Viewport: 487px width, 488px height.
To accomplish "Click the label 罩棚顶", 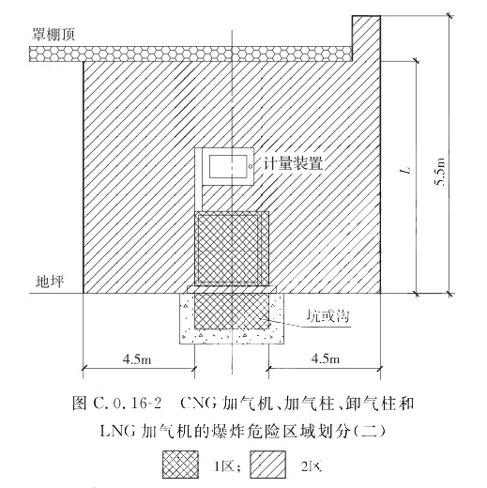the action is coord(53,34).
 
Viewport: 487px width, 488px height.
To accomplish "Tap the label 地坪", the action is coord(50,282).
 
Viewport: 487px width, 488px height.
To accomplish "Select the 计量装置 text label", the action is coord(293,163).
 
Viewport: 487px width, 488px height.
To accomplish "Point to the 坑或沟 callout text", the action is coord(327,316).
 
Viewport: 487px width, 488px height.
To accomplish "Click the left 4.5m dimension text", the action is coord(137,359).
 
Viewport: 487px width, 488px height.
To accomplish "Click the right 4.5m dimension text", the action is coord(325,358).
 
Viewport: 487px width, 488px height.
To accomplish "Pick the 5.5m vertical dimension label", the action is coord(440,172).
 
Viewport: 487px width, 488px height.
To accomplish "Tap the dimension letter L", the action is coord(406,171).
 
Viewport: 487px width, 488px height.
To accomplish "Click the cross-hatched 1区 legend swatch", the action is coord(180,465).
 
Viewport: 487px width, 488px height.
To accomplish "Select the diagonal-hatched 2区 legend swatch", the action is coord(268,465).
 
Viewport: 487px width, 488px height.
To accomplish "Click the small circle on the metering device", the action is coord(251,166).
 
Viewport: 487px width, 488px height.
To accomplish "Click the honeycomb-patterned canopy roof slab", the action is coord(190,53).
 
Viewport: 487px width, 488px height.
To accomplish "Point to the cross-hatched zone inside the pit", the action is coord(232,311).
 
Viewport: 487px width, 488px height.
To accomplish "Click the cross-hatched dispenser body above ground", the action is coord(232,249).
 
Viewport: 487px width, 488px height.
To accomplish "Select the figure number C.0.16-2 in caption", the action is coord(128,404).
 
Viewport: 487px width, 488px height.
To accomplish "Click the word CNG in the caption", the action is coord(199,404).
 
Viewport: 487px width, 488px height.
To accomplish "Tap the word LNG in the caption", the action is coord(118,432).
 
